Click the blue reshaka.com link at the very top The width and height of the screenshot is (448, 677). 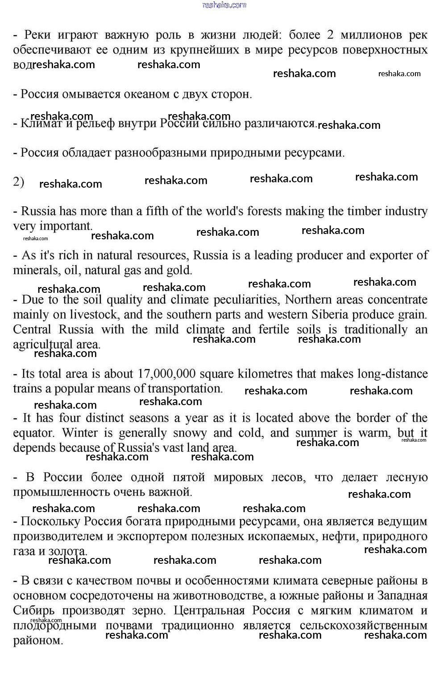coord(224,5)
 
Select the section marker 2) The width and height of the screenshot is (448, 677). coord(18,182)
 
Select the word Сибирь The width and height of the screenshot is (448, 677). coord(34,610)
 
